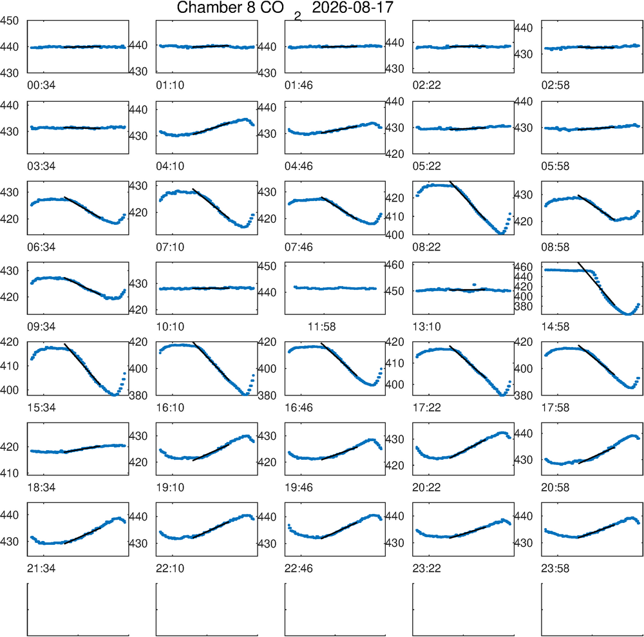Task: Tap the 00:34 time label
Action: (x=41, y=86)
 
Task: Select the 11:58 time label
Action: (x=321, y=327)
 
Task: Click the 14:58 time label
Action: (x=555, y=327)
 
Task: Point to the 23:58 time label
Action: (x=555, y=569)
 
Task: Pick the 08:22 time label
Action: (x=427, y=247)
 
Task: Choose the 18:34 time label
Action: (x=41, y=488)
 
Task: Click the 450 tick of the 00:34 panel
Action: (x=10, y=21)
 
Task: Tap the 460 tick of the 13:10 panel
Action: (x=394, y=265)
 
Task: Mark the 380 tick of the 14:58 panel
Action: (x=524, y=307)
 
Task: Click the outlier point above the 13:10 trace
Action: (x=475, y=284)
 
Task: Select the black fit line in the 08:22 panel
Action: (x=468, y=200)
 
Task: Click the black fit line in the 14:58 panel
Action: (x=596, y=284)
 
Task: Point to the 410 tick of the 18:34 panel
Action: (x=10, y=473)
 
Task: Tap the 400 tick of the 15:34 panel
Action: (x=10, y=390)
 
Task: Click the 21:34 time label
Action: (x=41, y=569)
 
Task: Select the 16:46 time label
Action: (x=299, y=408)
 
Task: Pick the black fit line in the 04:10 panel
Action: (x=211, y=128)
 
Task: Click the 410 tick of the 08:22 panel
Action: (x=394, y=216)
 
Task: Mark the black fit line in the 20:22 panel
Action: (x=468, y=449)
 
